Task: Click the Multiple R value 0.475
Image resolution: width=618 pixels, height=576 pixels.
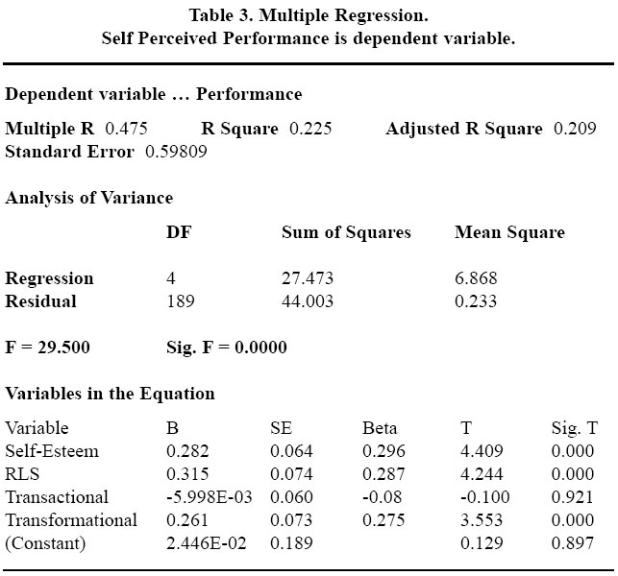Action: (x=126, y=129)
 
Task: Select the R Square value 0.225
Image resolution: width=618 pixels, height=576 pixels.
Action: (x=310, y=129)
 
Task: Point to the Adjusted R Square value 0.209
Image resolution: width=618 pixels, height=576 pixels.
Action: (x=575, y=129)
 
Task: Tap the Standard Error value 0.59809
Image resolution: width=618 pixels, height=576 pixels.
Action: (x=176, y=152)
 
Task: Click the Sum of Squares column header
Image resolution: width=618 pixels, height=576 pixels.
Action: (x=346, y=232)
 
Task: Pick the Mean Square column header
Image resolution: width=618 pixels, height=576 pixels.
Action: (x=509, y=232)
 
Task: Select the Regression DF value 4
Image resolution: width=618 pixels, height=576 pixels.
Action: (x=171, y=278)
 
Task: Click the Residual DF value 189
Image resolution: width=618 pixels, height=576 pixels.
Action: (x=181, y=301)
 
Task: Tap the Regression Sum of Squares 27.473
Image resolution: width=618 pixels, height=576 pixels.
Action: (x=308, y=278)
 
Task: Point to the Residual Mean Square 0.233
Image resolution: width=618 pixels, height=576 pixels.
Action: (x=476, y=301)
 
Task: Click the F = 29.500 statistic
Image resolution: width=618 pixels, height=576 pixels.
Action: (x=47, y=348)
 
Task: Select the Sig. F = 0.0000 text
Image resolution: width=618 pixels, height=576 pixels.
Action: (x=227, y=348)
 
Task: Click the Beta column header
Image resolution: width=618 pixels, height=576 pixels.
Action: (x=380, y=428)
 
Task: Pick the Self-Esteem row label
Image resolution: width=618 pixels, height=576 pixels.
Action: (x=52, y=451)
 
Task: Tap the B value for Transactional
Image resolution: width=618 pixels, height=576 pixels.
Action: (x=210, y=497)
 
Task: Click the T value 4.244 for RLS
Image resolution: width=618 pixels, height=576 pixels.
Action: (x=482, y=474)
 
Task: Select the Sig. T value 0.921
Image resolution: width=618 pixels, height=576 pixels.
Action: (x=572, y=497)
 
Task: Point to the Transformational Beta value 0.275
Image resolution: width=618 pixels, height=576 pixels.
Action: (x=383, y=520)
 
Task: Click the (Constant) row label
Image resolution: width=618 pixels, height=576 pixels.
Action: (x=45, y=543)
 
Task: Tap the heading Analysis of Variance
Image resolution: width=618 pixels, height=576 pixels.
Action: (x=89, y=198)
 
